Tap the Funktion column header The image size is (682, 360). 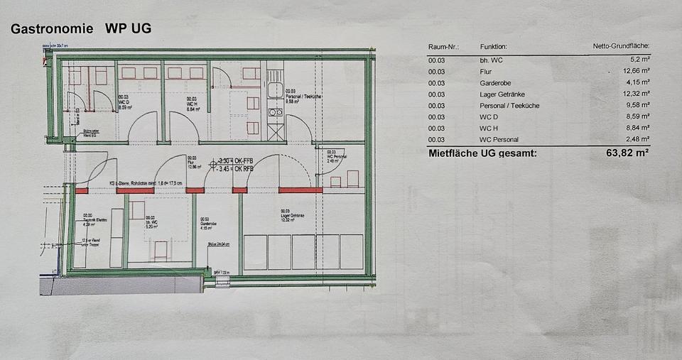(x=494, y=47)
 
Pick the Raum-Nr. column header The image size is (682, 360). (x=443, y=47)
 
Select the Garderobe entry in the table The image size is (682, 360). (x=497, y=83)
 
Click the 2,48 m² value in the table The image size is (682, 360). (x=635, y=140)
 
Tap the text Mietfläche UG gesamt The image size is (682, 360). (x=482, y=153)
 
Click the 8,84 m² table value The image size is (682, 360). (x=635, y=129)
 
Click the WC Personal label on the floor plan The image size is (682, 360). (x=336, y=157)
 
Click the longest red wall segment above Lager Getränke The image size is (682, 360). (x=300, y=190)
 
